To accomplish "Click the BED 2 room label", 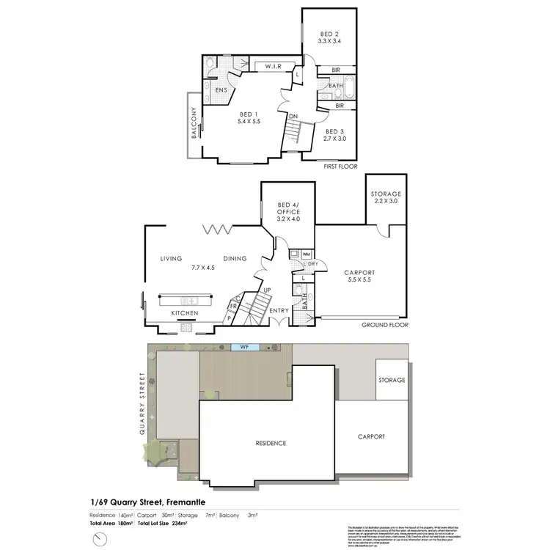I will click(329, 34).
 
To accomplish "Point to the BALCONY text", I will click(194, 124).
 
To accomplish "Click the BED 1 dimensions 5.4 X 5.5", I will click(249, 122).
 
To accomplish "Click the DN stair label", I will click(293, 116).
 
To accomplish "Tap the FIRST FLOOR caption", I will click(340, 166).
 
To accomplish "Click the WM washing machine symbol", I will click(306, 254).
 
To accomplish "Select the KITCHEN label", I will click(185, 313).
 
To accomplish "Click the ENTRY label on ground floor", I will click(279, 311).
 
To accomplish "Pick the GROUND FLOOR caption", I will click(384, 324).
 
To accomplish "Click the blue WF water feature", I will click(241, 346).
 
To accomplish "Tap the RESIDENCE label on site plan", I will click(271, 444).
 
